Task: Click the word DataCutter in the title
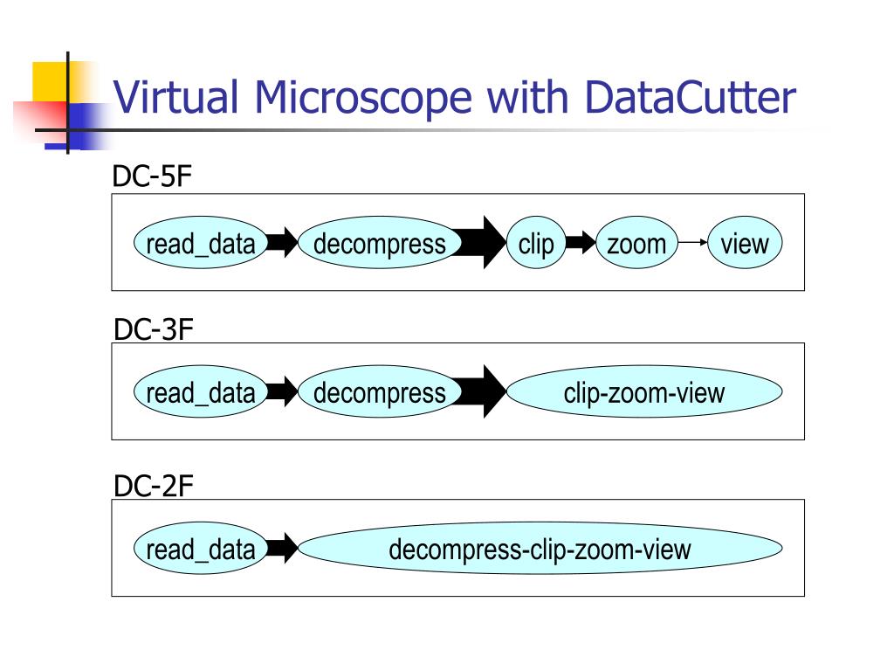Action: click(x=691, y=98)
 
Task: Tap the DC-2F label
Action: click(x=153, y=486)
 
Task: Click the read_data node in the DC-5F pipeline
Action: click(x=201, y=243)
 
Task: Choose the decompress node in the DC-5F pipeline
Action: click(x=379, y=243)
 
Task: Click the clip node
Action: click(x=535, y=243)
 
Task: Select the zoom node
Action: click(x=636, y=243)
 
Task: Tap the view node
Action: click(x=745, y=243)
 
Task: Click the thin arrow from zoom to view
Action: click(x=692, y=243)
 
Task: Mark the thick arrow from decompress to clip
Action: click(x=481, y=243)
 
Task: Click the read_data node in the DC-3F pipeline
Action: click(x=201, y=392)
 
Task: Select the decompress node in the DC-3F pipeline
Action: click(x=379, y=392)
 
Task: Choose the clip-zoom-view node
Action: click(x=644, y=392)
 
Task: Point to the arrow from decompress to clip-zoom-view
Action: click(x=481, y=392)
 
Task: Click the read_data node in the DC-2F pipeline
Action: click(x=201, y=549)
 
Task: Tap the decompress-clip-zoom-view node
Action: click(x=540, y=549)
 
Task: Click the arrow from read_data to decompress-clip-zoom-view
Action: click(x=282, y=549)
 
